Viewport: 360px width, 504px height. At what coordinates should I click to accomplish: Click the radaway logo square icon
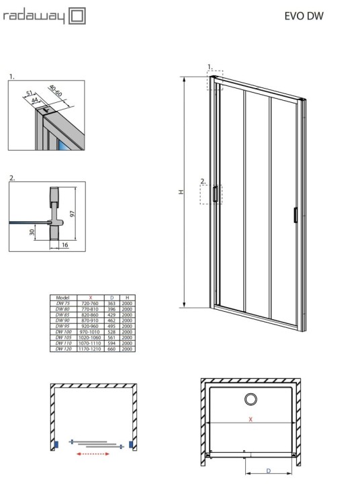(78, 15)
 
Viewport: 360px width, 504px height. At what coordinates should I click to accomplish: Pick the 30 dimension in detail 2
(32, 233)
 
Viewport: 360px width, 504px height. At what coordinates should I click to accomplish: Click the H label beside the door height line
(180, 192)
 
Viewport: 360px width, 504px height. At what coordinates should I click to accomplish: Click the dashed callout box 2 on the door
(209, 195)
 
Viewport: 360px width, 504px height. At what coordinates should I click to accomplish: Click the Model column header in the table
(64, 297)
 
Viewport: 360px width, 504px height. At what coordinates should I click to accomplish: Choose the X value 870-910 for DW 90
(90, 321)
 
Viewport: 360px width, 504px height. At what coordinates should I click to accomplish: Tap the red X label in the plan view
(250, 419)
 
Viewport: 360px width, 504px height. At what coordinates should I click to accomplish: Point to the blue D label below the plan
(267, 470)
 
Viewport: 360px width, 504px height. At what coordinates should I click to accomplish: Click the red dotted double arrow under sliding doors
(95, 454)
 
